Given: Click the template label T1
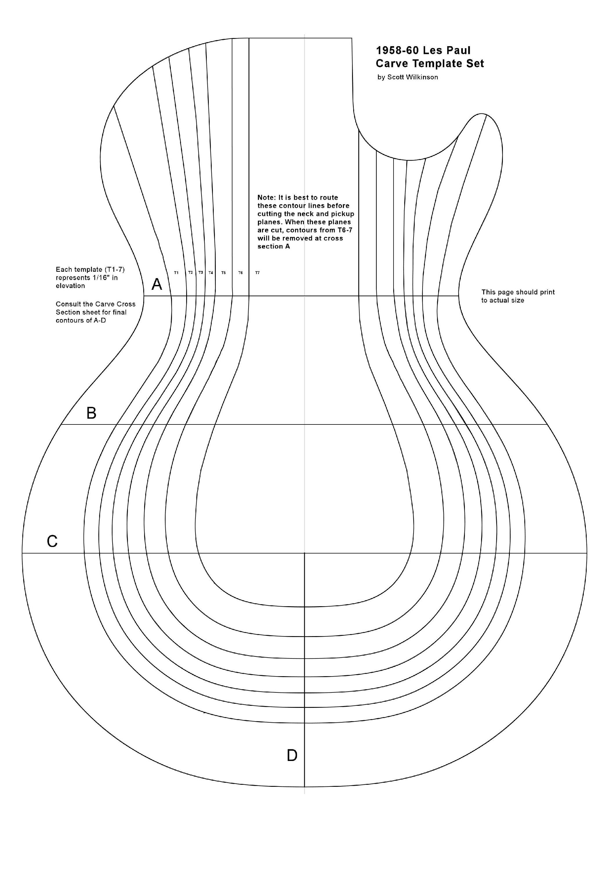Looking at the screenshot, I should tap(176, 273).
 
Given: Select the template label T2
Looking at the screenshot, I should tap(191, 273).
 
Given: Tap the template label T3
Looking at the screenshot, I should tap(201, 273).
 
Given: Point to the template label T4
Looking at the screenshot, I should tap(211, 273).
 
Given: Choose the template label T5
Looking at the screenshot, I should tap(224, 273).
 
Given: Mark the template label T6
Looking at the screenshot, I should tap(241, 273).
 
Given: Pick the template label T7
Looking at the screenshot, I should tap(258, 273).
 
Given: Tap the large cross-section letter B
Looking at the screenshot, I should tap(91, 413).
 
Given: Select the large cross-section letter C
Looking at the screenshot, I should tap(52, 541).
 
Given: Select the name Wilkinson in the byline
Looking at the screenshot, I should tap(422, 77).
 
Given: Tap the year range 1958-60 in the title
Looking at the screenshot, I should tap(397, 51).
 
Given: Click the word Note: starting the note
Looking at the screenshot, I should tap(267, 198).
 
